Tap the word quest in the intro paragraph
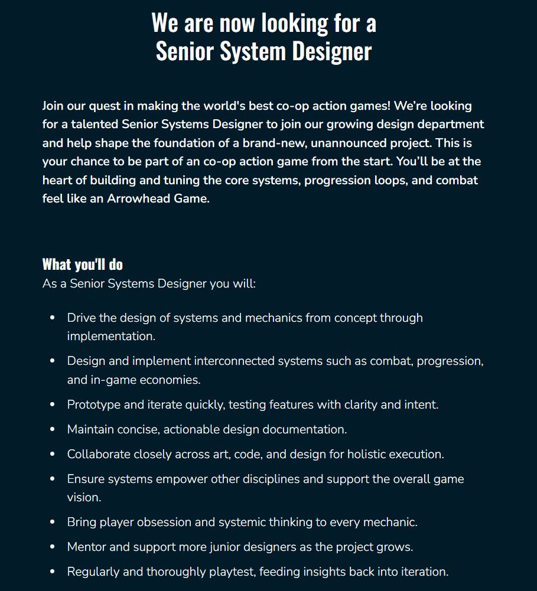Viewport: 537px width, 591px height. pos(105,106)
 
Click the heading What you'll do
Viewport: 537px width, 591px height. pos(83,264)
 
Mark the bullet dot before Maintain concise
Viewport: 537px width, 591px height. pos(53,429)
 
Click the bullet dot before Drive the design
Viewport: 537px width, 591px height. pos(53,318)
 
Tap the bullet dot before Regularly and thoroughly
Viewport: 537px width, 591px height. pos(53,572)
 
